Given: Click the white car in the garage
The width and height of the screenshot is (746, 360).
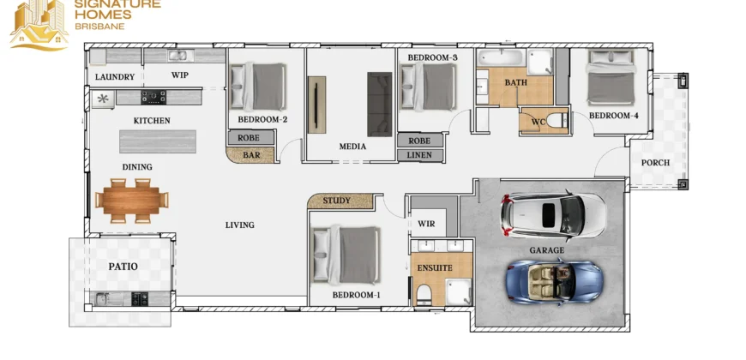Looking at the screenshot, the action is click(553, 216).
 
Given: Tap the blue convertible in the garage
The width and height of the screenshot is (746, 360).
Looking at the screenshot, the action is click(554, 280).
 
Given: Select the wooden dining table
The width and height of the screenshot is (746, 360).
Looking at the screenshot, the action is click(132, 201).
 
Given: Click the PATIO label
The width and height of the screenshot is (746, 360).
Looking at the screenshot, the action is click(123, 267).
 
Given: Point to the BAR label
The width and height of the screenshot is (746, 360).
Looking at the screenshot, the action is click(251, 155).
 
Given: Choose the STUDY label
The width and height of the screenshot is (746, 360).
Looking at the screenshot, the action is click(336, 201).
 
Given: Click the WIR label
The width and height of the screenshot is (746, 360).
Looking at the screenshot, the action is click(426, 224).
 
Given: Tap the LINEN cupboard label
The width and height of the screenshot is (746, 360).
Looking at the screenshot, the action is click(419, 155).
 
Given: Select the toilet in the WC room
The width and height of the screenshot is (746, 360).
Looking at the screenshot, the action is click(556, 121).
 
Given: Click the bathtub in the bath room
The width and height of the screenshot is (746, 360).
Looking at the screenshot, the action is click(501, 58).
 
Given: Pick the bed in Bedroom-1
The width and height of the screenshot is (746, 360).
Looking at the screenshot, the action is click(346, 255).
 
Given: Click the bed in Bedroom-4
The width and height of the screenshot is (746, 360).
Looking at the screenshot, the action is click(611, 77).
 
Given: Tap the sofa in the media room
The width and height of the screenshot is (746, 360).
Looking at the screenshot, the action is click(379, 105).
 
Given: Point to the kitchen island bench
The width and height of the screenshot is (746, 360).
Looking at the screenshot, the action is click(158, 141).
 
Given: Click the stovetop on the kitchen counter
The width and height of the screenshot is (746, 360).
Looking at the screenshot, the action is click(153, 98).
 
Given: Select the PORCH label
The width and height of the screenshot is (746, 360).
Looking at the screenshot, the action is click(655, 163).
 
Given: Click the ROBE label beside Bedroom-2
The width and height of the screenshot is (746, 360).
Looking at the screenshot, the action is click(249, 138).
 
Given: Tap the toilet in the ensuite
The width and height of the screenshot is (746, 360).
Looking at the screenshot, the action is click(423, 295).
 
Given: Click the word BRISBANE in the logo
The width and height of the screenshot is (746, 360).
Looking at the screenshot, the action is click(100, 27).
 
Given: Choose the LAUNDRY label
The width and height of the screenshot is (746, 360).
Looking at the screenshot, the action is click(115, 76).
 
